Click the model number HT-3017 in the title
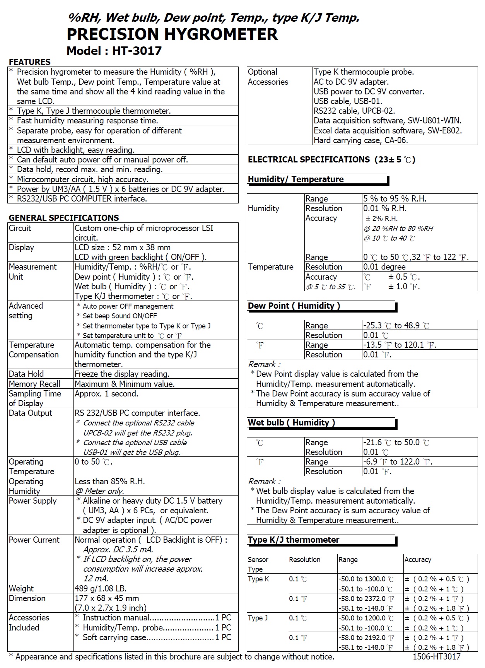pyautogui.click(x=137, y=51)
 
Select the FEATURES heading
pyautogui.click(x=30, y=62)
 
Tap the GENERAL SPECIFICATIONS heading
pyautogui.click(x=64, y=218)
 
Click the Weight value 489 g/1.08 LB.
pyautogui.click(x=101, y=589)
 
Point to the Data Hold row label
pyautogui.click(x=26, y=374)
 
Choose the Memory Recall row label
pyautogui.click(x=34, y=384)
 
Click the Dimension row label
pyautogui.click(x=27, y=598)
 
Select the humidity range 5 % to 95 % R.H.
pyautogui.click(x=394, y=199)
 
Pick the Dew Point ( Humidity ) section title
pyautogui.click(x=294, y=306)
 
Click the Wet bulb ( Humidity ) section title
pyautogui.click(x=292, y=423)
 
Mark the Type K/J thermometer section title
pyautogui.click(x=294, y=540)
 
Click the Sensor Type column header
pyautogui.click(x=258, y=564)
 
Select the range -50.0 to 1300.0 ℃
pyautogui.click(x=366, y=579)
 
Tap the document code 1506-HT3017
pyautogui.click(x=436, y=656)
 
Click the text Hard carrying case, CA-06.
pyautogui.click(x=360, y=140)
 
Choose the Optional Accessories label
pyautogui.click(x=268, y=77)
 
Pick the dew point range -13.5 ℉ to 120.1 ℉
pyautogui.click(x=400, y=345)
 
